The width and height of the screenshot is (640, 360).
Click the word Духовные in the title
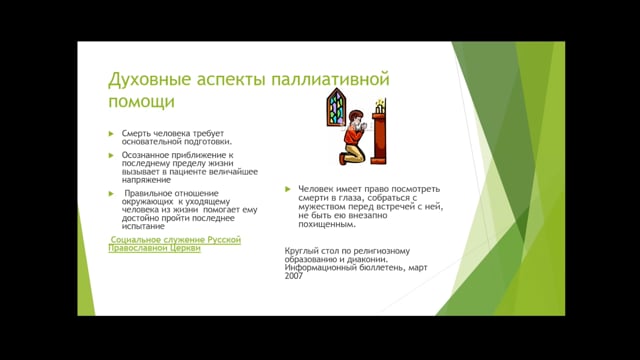point(149,79)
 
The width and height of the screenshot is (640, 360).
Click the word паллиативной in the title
point(330,79)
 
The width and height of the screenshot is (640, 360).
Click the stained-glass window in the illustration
point(336,107)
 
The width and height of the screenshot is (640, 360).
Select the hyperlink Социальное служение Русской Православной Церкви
point(175,244)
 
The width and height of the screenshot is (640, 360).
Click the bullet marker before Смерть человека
point(112,133)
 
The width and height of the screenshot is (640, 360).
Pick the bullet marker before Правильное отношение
point(112,192)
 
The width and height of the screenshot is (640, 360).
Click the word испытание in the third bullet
point(145,227)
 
